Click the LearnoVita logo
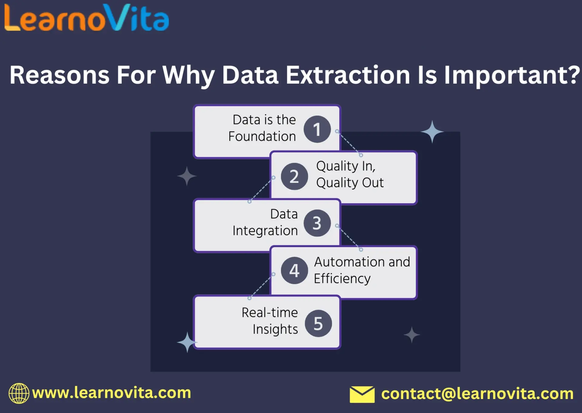click(x=86, y=18)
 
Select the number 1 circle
click(x=317, y=129)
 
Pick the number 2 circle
click(x=294, y=176)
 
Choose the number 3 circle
click(x=317, y=223)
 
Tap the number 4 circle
click(x=294, y=270)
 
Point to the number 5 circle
click(x=318, y=323)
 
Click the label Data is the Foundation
click(x=263, y=128)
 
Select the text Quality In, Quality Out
click(x=350, y=174)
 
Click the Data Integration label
click(x=266, y=222)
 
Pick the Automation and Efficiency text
click(x=362, y=270)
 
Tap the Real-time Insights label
click(x=270, y=321)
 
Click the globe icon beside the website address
click(x=19, y=393)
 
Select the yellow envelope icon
click(x=362, y=394)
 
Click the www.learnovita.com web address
click(x=112, y=393)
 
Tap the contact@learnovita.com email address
click(x=477, y=394)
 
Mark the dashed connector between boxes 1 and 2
click(x=349, y=143)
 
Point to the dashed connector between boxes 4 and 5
click(x=261, y=286)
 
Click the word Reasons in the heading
click(x=59, y=75)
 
